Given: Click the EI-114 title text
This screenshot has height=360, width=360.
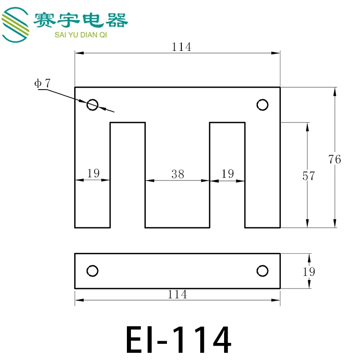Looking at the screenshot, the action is [x=178, y=339].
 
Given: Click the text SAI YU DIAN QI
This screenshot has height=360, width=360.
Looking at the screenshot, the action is [x=81, y=35].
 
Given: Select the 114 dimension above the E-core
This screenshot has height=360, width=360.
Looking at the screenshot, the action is [x=181, y=47].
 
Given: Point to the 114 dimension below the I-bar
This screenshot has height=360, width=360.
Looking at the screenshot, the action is [x=177, y=294].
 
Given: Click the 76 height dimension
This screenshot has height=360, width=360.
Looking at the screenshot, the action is [x=334, y=159].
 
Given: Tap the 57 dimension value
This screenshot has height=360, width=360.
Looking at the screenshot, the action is [x=309, y=176].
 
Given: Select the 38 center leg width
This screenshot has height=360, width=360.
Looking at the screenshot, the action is [x=178, y=174].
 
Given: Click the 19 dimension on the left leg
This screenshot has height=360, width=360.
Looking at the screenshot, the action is [x=93, y=173].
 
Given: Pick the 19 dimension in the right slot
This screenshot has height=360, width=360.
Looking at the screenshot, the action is [x=228, y=174].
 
